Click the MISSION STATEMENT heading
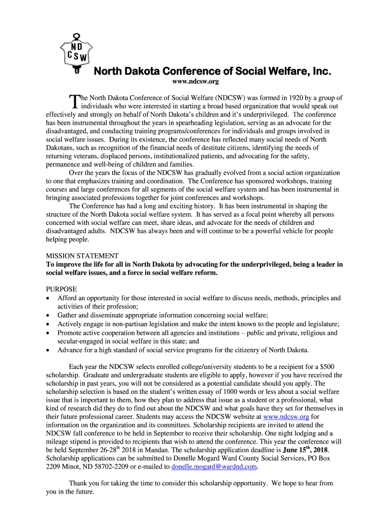click(82, 256)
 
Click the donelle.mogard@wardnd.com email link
click(215, 466)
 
